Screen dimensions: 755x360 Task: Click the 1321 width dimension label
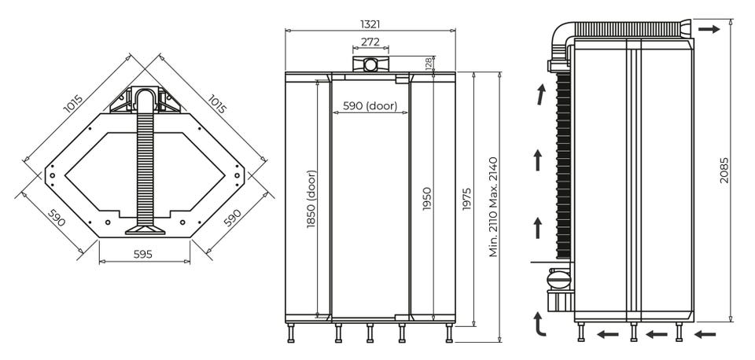(x=370, y=24)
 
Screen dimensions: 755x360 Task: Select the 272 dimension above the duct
(x=370, y=42)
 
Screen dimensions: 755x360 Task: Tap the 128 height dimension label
(x=429, y=64)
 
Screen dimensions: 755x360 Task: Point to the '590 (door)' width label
(x=370, y=106)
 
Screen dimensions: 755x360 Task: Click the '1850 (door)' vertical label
(x=311, y=199)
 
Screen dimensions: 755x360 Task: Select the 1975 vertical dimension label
(x=466, y=199)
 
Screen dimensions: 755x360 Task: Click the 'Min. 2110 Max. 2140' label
(x=494, y=207)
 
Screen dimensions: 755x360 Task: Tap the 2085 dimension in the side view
(x=724, y=171)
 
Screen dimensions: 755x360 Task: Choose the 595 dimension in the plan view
(x=143, y=254)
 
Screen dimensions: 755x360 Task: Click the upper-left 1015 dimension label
(x=73, y=104)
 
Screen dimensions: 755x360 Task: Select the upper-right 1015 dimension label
(x=217, y=104)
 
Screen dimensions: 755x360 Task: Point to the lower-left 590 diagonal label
(x=56, y=217)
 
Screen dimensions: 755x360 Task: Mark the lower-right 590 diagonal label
(x=232, y=217)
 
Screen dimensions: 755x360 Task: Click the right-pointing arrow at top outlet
(x=709, y=29)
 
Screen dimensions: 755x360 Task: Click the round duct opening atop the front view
(x=370, y=64)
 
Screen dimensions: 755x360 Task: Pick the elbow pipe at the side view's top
(x=561, y=38)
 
